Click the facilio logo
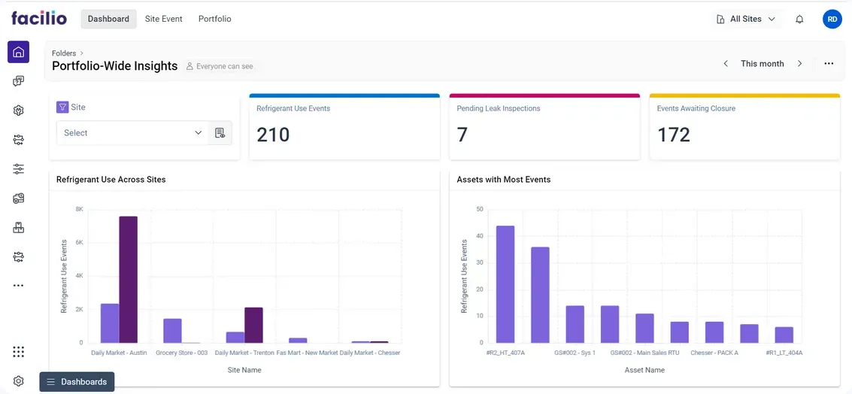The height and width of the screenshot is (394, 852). coord(39,18)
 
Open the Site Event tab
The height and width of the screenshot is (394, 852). coord(163,19)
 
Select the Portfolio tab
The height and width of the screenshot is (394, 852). coord(214,19)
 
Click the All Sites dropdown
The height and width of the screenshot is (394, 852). coord(746,19)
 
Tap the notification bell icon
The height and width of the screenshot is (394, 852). coord(799,20)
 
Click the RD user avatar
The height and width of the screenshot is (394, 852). coord(832,20)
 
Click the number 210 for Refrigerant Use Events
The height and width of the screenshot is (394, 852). coord(273,135)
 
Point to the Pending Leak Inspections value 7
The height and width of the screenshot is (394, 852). coord(462,135)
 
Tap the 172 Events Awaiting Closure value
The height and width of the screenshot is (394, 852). coord(673,135)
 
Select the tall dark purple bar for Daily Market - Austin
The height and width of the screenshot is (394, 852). coord(128,279)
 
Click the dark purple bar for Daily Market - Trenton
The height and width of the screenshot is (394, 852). coord(253,325)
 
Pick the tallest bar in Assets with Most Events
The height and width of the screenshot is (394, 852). coord(505,284)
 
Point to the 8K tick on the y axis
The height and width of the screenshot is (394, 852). coord(79,209)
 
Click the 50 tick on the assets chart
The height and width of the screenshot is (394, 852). coord(480,209)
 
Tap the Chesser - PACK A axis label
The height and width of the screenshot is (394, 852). coord(714,353)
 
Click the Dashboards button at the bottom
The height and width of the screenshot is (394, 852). coord(77,382)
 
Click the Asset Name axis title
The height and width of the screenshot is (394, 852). coord(644,370)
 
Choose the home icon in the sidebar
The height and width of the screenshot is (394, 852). coord(19,52)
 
